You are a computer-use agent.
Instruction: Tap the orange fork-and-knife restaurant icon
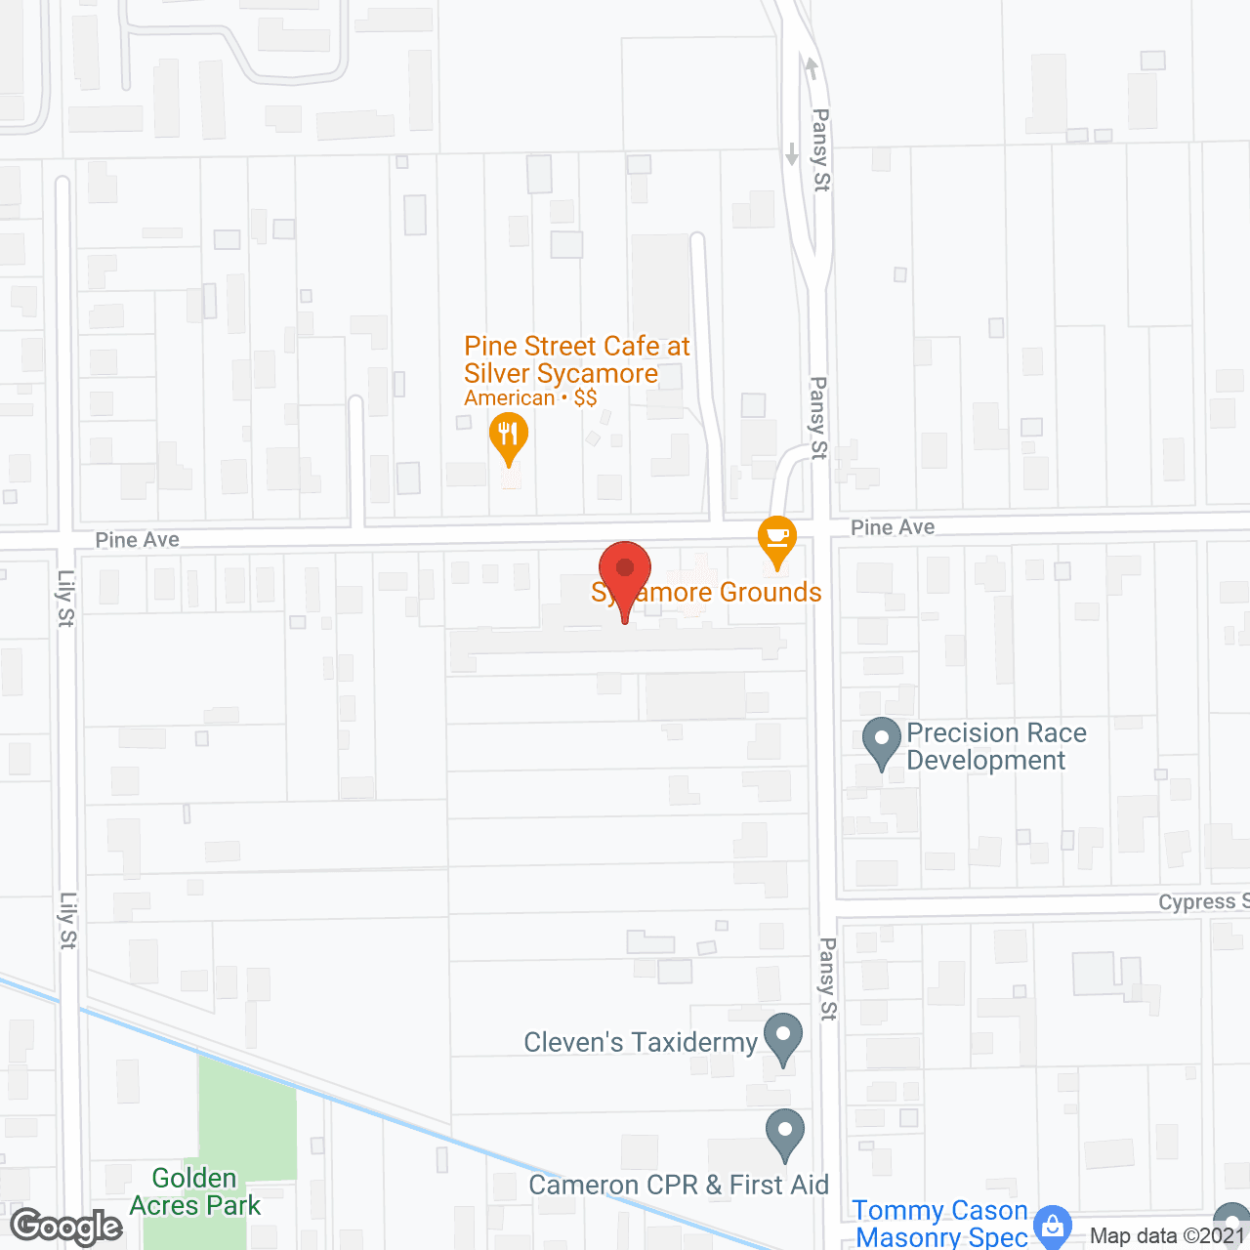click(508, 436)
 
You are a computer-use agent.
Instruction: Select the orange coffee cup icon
click(777, 539)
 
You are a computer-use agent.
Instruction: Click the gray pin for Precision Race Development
click(882, 741)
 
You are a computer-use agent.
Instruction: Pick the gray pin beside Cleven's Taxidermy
click(782, 1038)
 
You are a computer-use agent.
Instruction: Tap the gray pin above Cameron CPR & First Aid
click(784, 1134)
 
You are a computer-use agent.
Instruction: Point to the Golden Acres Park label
click(195, 1192)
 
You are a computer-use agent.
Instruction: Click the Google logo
click(66, 1227)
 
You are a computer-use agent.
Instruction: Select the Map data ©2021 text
click(1168, 1235)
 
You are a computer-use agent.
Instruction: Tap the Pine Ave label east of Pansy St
click(893, 527)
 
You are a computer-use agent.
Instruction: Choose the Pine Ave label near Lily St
click(138, 539)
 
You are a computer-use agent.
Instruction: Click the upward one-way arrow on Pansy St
click(811, 68)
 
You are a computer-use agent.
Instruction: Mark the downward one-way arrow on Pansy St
click(792, 153)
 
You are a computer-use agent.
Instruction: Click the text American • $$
click(530, 398)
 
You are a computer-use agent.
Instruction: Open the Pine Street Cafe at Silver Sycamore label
click(576, 359)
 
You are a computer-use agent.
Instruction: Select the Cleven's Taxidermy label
click(641, 1043)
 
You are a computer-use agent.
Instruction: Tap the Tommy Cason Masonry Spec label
click(940, 1224)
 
